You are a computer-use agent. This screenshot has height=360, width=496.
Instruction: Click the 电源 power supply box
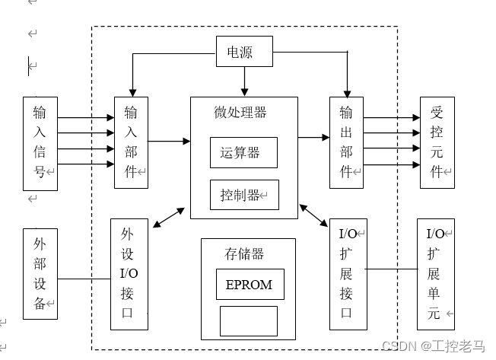pos(243,53)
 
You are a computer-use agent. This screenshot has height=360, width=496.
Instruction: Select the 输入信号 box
pos(40,143)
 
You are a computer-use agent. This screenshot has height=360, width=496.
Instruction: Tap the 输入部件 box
pos(131,142)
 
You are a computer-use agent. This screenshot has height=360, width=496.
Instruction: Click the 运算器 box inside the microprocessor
pos(243,152)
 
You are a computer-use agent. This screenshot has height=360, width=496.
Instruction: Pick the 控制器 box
pos(243,195)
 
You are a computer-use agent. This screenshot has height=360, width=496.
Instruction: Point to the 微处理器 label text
pos(240,113)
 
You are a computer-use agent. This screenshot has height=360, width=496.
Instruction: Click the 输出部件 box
pos(346,142)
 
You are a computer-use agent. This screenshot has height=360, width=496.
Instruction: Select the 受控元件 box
pos(437,142)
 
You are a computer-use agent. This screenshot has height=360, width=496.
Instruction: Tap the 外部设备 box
pos(40,273)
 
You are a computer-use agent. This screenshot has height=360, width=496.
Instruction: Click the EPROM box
pos(250,285)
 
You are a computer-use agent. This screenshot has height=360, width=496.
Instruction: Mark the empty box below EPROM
pos(249,320)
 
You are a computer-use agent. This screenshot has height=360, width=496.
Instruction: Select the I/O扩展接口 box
pos(347,274)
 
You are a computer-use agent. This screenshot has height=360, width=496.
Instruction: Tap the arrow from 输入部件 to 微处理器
pos(169,141)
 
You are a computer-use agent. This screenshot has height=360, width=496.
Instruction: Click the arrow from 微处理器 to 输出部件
pos(313,137)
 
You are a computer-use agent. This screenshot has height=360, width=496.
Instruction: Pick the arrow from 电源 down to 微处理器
pos(244,80)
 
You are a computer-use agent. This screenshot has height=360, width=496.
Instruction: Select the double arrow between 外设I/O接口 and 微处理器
pos(168,216)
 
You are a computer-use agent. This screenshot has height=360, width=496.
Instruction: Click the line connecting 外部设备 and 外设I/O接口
pos(84,279)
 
